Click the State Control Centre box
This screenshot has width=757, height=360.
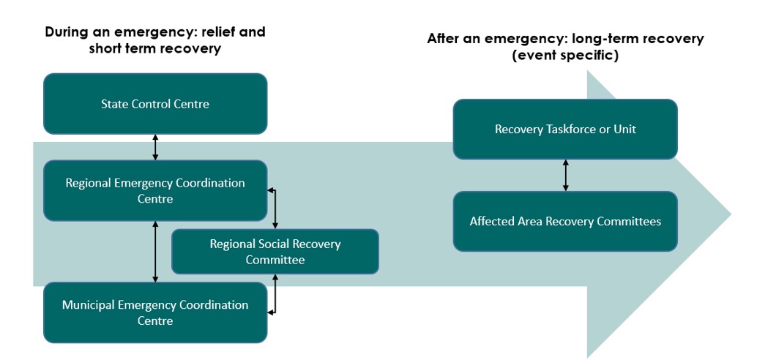pyautogui.click(x=155, y=104)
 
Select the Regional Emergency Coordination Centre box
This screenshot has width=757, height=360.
pyautogui.click(x=155, y=190)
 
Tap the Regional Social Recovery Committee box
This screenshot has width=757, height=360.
pyautogui.click(x=275, y=252)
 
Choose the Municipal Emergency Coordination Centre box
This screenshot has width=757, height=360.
pyautogui.click(x=155, y=312)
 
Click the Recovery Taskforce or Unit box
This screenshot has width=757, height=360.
pyautogui.click(x=565, y=130)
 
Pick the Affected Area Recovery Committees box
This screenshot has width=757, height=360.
pyautogui.click(x=565, y=221)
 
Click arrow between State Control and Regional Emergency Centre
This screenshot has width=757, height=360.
pyautogui.click(x=155, y=147)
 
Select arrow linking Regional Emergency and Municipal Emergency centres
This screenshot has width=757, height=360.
pyautogui.click(x=155, y=252)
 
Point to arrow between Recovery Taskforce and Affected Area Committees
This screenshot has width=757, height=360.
pyautogui.click(x=565, y=176)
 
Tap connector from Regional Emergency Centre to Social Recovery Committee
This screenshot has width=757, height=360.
pyautogui.click(x=275, y=208)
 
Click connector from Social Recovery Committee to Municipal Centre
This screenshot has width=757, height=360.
pyautogui.click(x=275, y=294)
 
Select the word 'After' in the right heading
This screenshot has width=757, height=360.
pyautogui.click(x=445, y=39)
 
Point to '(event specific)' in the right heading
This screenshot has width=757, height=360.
pyautogui.click(x=565, y=56)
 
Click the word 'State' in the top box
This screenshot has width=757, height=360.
pyautogui.click(x=114, y=104)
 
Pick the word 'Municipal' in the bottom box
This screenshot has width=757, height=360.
pyautogui.click(x=89, y=304)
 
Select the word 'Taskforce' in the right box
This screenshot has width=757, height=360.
pyautogui.click(x=565, y=130)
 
